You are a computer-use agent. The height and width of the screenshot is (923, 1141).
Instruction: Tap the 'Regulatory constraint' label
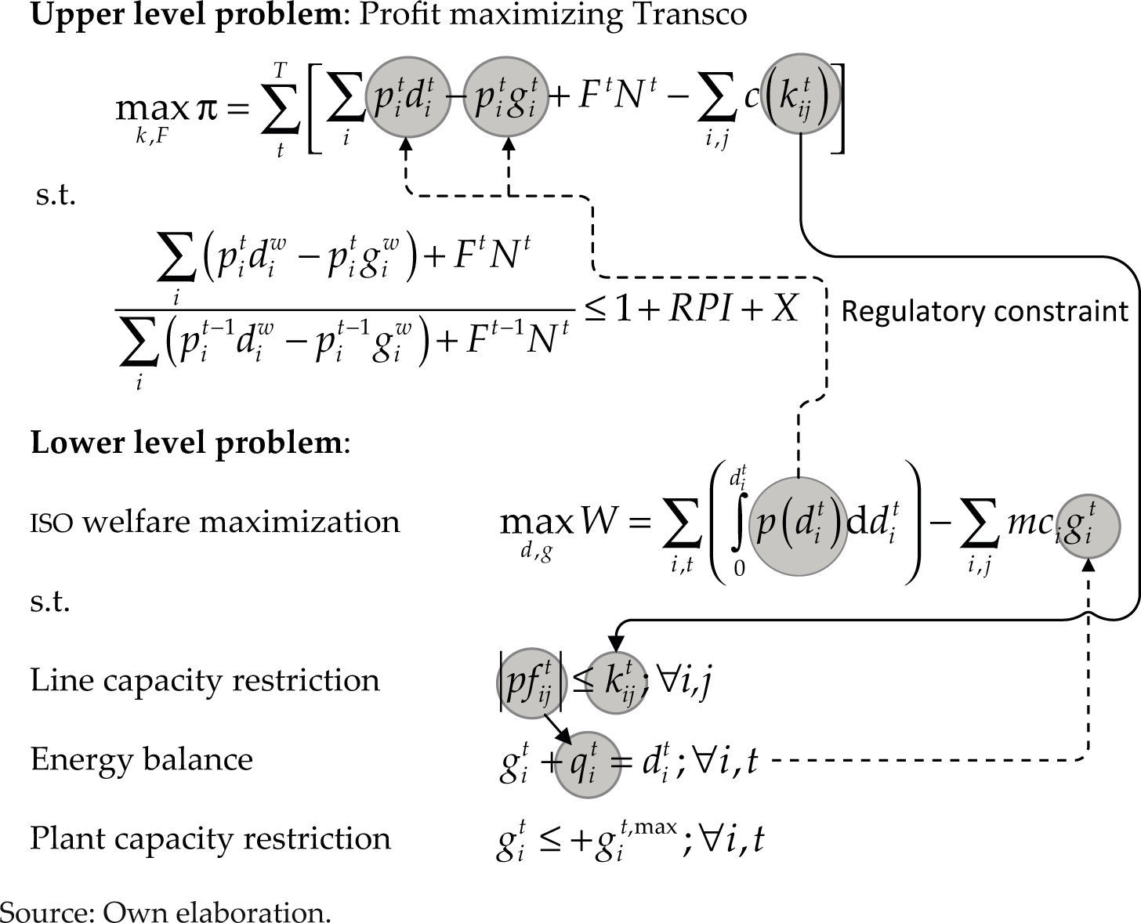[984, 312]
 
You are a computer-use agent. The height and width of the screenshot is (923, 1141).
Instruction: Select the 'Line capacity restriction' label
[205, 680]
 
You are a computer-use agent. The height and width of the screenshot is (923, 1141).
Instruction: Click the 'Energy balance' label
[142, 759]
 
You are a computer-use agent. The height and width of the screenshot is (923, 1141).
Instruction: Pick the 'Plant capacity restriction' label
[210, 838]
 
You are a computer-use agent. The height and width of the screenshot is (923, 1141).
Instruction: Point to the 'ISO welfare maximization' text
[215, 522]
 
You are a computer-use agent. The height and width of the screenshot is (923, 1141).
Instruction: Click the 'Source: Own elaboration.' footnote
[165, 911]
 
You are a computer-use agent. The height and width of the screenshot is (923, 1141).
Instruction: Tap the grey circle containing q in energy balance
[588, 765]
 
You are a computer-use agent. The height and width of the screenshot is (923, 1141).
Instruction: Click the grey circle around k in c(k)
[800, 95]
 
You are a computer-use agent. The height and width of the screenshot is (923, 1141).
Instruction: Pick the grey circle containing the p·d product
[405, 95]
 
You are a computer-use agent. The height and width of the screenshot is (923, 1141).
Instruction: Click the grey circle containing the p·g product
[504, 95]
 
